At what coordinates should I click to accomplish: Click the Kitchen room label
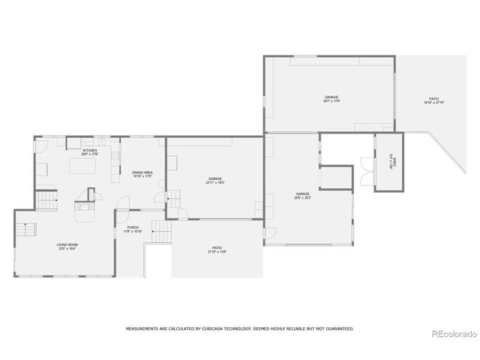click(x=90, y=152)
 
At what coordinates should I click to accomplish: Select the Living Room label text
click(x=67, y=247)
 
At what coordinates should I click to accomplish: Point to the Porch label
click(x=133, y=229)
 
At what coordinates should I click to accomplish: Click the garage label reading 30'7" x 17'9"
click(x=331, y=99)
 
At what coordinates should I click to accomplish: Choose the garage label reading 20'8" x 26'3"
click(x=303, y=196)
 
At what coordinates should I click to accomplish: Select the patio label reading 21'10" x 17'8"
click(x=217, y=250)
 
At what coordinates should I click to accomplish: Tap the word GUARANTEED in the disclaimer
click(x=337, y=328)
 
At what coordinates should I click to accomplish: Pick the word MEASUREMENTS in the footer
click(x=142, y=328)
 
